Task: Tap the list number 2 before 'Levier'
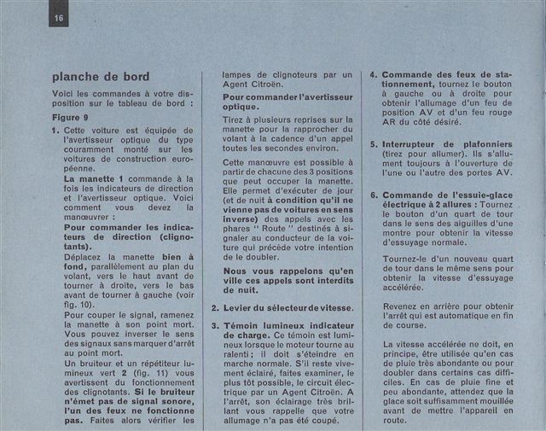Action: pyautogui.click(x=215, y=306)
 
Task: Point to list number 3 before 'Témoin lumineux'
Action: pyautogui.click(x=215, y=325)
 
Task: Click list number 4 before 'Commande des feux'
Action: pyautogui.click(x=374, y=75)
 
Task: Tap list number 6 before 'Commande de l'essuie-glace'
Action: pyautogui.click(x=374, y=195)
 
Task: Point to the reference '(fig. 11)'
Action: pyautogui.click(x=159, y=375)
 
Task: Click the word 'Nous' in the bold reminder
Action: pyautogui.click(x=237, y=271)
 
